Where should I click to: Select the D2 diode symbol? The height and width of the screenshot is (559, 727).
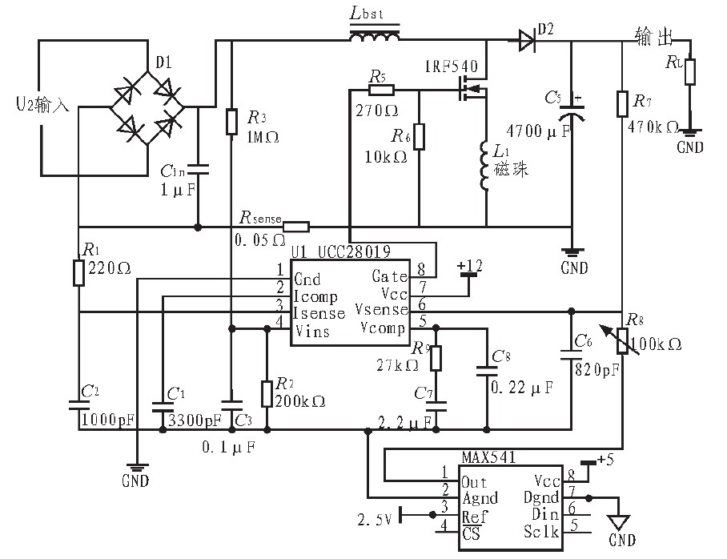coord(526,38)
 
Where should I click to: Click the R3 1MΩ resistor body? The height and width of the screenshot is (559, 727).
coord(231,122)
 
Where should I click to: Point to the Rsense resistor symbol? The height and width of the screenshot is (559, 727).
coord(296,226)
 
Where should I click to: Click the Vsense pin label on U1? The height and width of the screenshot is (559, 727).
coord(384,309)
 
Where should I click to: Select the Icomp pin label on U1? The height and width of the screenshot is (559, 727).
coord(316,296)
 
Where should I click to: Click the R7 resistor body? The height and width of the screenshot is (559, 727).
coord(622,104)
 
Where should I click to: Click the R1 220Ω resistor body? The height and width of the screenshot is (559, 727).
coord(78,272)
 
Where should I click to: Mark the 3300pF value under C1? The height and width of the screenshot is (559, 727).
coord(192,420)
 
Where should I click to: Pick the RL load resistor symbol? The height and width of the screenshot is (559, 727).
coord(689,71)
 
